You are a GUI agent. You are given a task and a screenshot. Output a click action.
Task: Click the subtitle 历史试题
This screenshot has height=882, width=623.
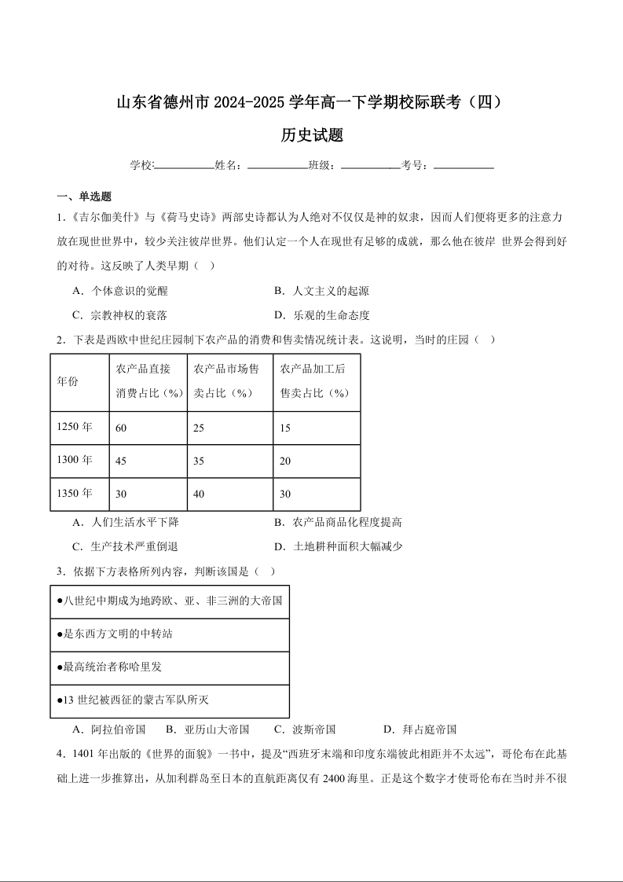[312, 135]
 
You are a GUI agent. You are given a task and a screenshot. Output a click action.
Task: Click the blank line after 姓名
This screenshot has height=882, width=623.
[277, 165]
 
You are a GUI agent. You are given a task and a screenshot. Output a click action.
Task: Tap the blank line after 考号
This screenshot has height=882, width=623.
[464, 165]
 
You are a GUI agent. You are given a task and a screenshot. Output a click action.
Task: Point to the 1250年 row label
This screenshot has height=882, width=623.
[75, 427]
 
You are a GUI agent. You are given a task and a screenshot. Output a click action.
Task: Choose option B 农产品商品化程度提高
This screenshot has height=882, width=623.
[338, 522]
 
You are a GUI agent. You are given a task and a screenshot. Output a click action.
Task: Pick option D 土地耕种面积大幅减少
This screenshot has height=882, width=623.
[338, 546]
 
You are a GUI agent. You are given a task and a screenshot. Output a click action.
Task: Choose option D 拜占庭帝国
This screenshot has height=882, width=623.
[420, 729]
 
